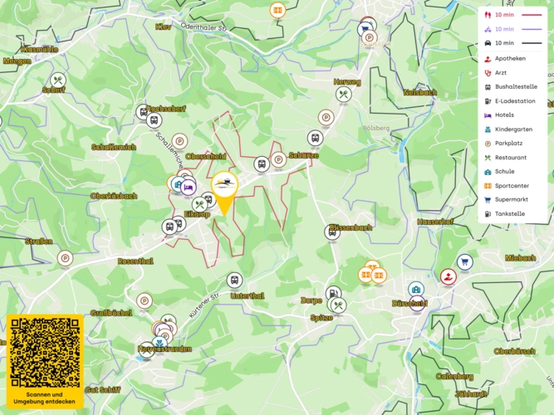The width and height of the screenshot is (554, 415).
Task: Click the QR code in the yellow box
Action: click(45, 352)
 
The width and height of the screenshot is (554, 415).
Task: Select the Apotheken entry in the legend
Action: click(510, 58)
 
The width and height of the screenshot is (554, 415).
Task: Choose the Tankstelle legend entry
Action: click(509, 213)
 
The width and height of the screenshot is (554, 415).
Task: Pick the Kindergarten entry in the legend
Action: click(515, 129)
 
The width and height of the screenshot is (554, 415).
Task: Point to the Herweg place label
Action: click(347, 82)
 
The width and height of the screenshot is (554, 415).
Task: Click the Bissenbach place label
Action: click(350, 227)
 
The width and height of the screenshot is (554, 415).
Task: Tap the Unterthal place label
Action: click(247, 295)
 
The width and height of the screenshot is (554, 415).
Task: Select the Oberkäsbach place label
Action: click(113, 196)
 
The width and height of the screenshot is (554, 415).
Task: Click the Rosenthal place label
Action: click(135, 261)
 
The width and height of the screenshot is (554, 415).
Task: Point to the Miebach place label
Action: click(521, 258)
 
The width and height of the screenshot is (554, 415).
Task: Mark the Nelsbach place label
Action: click(419, 92)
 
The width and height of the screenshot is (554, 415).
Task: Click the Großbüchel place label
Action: click(111, 313)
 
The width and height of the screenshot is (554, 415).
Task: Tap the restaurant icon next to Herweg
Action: click(345, 95)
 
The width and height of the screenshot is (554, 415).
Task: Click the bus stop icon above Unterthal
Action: click(234, 281)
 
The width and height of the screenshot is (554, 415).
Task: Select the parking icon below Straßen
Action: click(65, 258)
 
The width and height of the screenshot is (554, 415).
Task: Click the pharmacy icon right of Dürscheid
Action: click(449, 276)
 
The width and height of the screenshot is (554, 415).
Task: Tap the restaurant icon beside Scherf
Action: click(57, 80)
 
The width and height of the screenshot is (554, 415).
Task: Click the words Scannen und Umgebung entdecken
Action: click(45, 398)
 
